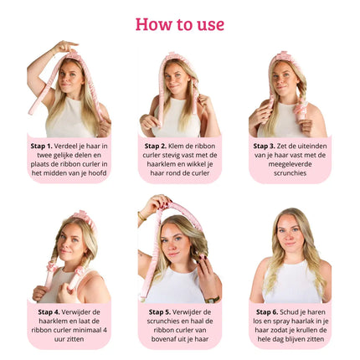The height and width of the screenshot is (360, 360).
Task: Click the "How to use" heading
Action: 180,24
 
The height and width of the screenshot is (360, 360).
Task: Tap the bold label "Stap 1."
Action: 42,146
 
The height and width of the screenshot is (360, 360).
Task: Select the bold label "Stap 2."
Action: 156,146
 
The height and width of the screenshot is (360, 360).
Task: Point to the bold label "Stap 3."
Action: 265,146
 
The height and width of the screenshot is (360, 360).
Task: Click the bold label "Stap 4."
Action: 49,312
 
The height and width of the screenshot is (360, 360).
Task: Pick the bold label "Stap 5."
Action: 160,312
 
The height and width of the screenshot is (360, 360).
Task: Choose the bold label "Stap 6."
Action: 267,312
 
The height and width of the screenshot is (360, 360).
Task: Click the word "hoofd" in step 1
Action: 97,173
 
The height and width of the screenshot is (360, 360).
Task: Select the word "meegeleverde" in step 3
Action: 290,164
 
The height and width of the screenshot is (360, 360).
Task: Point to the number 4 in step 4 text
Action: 105,330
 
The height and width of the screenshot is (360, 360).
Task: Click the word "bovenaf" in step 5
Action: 162,339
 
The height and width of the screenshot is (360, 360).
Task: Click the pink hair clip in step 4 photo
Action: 80,214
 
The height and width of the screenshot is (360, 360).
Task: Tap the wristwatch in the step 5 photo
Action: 212,300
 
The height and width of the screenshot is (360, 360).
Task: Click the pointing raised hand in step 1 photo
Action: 65,46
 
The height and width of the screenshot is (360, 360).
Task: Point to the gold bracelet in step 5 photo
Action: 141,216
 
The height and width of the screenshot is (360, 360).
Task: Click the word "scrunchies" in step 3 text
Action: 290,173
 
